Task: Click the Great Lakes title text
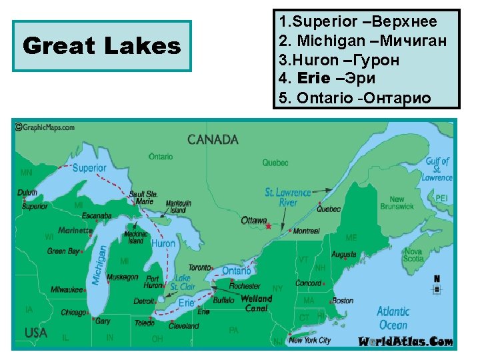click(x=101, y=46)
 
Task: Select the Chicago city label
click(x=73, y=312)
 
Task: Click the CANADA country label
click(x=213, y=139)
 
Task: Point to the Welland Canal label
click(x=257, y=303)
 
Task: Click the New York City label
click(x=310, y=340)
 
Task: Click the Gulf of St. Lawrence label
click(x=437, y=169)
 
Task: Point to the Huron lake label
click(x=163, y=244)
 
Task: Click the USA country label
click(x=36, y=333)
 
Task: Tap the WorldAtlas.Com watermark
click(x=405, y=342)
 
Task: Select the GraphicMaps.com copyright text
click(x=45, y=127)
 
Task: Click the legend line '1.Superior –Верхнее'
click(x=358, y=21)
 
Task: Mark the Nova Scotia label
click(x=413, y=255)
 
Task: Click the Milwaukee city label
click(x=67, y=289)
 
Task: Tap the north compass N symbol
click(x=437, y=279)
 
